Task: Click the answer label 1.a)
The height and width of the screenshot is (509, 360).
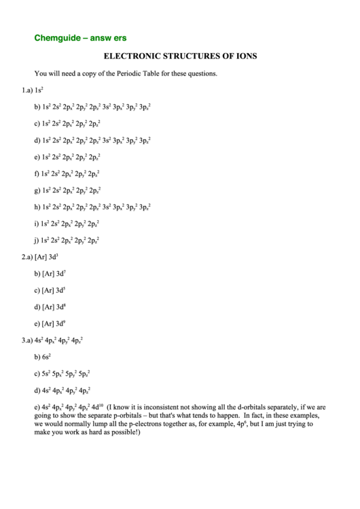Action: pyautogui.click(x=27, y=90)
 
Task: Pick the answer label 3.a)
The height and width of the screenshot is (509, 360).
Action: pyautogui.click(x=27, y=340)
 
